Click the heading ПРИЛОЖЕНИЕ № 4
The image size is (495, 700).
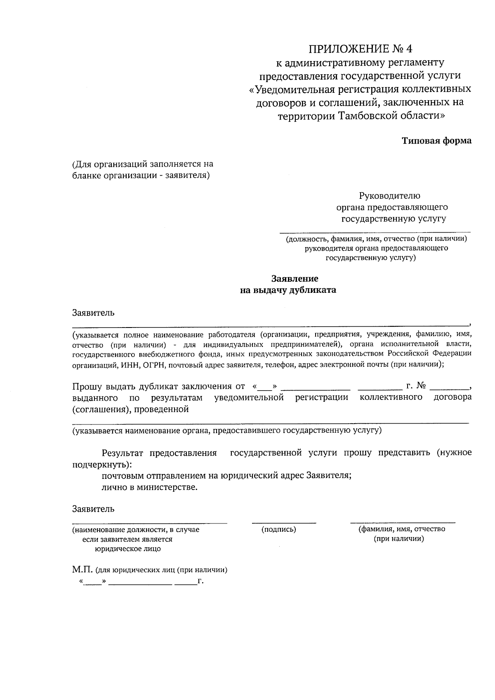click(361, 49)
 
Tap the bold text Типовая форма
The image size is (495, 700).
click(436, 141)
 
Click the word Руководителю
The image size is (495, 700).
click(389, 196)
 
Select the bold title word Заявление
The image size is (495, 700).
click(295, 278)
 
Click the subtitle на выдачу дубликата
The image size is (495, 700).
click(288, 290)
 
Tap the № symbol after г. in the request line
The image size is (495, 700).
click(421, 386)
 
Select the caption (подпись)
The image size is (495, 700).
click(279, 529)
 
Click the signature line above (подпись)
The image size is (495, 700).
click(284, 523)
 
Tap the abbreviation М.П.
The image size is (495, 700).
click(82, 570)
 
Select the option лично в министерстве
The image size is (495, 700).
click(150, 487)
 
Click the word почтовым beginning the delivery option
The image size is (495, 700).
click(121, 476)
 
